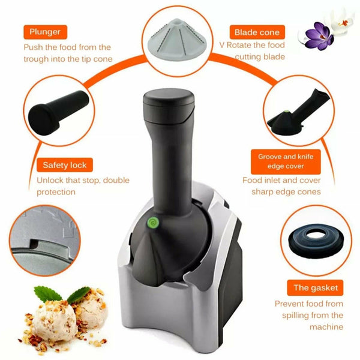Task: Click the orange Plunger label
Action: pos(45,32)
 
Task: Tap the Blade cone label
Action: pos(257,32)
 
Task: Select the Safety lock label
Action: pos(65,165)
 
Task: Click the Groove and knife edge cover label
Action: pos(286,161)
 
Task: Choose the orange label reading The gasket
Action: pos(315,287)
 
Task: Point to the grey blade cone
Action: pos(177,37)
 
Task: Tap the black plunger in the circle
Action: pos(58,113)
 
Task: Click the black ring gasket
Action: pos(316,241)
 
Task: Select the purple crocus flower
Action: pos(319,36)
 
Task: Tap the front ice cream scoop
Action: pos(54,320)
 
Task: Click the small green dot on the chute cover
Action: pos(286,112)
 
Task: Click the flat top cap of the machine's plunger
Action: pos(169,98)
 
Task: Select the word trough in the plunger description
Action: pos(36,59)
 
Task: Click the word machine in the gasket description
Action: pos(326,327)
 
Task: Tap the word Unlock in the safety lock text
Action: pos(50,180)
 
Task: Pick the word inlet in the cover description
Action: pos(272,180)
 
